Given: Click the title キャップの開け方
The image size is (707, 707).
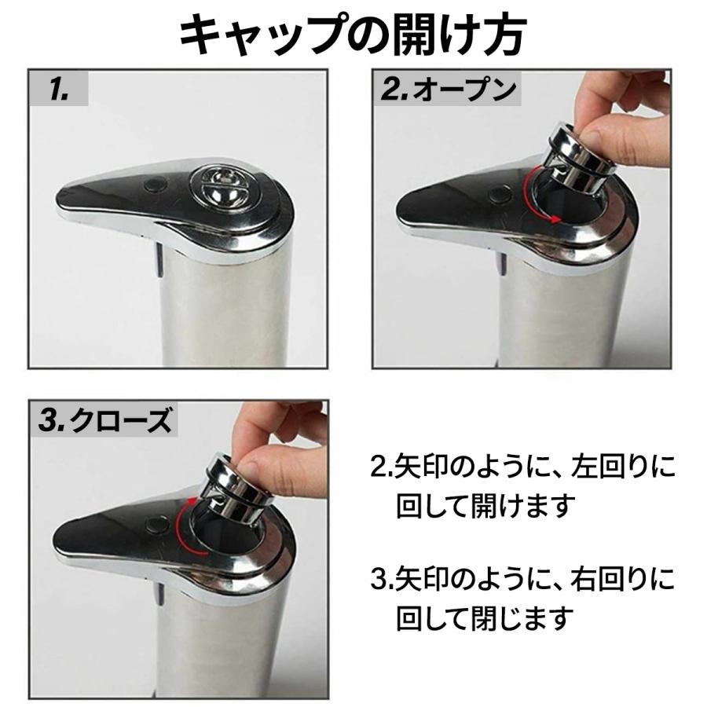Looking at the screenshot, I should tap(353, 35).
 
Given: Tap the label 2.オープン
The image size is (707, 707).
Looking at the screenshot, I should tap(449, 90).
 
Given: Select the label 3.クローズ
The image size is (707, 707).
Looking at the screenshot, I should tap(105, 421).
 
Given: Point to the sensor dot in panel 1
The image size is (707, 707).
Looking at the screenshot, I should tap(154, 185).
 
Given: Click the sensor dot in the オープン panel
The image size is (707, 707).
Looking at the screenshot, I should tap(497, 194).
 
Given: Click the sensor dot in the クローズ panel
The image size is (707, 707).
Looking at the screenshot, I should tap(156, 524).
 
